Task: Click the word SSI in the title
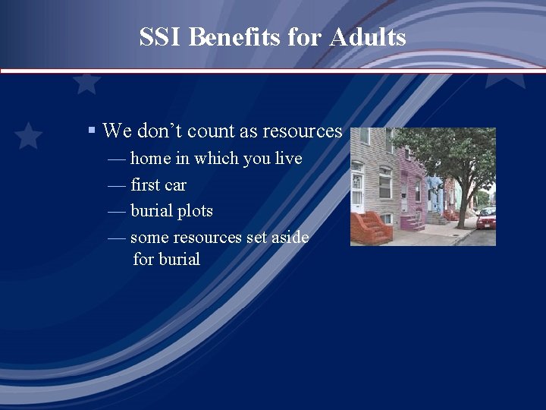tap(160, 37)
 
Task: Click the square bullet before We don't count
tap(91, 131)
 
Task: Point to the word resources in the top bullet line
tap(302, 131)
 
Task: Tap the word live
tap(287, 159)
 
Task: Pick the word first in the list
tap(144, 185)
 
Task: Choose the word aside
tap(290, 238)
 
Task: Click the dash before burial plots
tap(117, 211)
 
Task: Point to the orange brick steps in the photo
tap(372, 226)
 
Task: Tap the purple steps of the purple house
tap(413, 221)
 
